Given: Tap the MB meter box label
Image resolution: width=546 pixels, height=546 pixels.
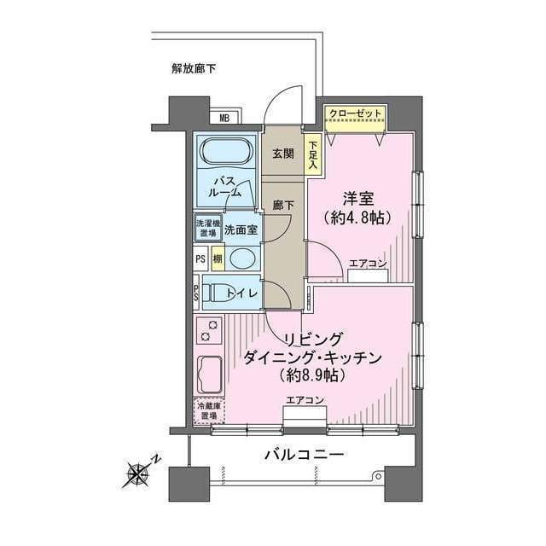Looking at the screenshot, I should point(226,119).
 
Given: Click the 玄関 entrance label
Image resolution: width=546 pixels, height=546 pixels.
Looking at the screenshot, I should point(282,154).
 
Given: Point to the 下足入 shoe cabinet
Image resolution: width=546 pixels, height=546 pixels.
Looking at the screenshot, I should point(312,156).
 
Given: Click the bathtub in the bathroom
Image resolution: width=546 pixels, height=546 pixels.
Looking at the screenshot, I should point(225,154).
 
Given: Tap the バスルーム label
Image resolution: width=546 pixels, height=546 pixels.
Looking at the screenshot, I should point(226,187).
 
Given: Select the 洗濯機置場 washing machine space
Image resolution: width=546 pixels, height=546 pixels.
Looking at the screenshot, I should point(206,229).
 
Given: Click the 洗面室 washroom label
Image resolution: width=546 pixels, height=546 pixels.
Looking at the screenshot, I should point(243,229).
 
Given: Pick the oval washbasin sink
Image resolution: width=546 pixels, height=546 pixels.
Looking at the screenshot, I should point(242,258).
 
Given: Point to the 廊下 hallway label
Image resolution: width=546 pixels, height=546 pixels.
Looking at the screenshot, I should point(282,205).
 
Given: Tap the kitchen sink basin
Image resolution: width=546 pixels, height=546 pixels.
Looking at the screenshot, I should point(210,373).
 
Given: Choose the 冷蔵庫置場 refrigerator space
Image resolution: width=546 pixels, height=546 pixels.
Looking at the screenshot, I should point(207,410).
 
